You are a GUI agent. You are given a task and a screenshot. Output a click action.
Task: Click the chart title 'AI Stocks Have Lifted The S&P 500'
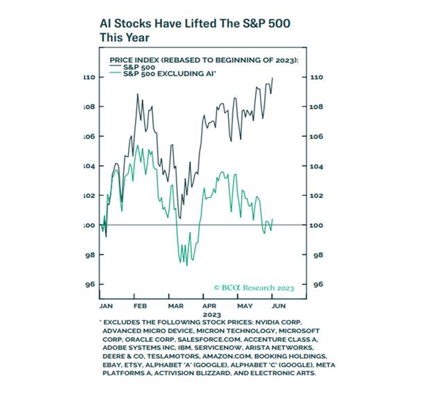coord(195,23)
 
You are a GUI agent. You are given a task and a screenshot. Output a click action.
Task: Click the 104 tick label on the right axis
coord(318,166)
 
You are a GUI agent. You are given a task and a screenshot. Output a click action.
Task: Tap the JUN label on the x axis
coord(278,306)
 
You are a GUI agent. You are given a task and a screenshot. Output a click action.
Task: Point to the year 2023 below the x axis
coord(212,315)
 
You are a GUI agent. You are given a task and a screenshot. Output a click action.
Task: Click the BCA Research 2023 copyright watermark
coord(254,288)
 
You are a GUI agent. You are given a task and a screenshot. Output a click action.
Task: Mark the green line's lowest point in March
coord(187,265)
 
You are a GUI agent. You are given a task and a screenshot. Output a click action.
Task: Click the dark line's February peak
coord(138,94)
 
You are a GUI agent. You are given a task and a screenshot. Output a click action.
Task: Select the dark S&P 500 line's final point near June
coord(273,78)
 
